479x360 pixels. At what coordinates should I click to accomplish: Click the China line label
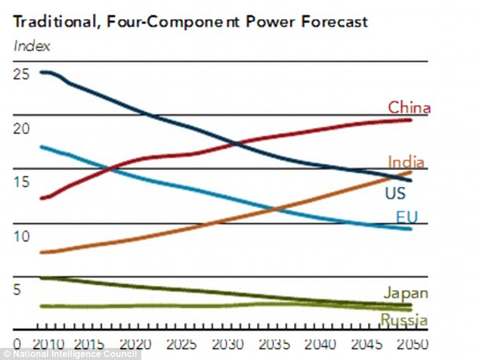tap(409, 107)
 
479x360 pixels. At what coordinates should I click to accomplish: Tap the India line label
tap(406, 162)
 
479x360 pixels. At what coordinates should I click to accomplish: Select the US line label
tap(395, 194)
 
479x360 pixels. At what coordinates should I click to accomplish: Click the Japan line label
tap(406, 293)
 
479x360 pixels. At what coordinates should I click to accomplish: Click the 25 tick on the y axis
tap(22, 73)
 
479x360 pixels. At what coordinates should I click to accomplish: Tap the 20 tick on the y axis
tap(22, 128)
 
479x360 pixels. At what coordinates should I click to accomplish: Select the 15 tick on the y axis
tap(22, 182)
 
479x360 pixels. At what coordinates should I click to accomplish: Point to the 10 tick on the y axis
tap(22, 236)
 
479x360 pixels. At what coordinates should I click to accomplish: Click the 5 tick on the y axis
tap(18, 290)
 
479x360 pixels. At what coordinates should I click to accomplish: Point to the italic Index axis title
tap(32, 45)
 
